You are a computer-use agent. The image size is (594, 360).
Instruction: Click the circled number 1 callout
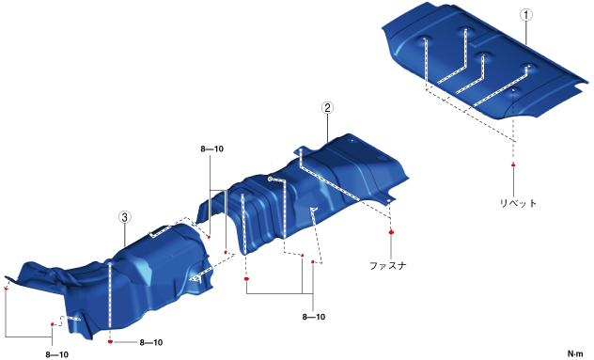tap(525, 15)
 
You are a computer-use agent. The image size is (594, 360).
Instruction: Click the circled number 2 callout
tap(327, 108)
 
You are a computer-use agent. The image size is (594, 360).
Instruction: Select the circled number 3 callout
tap(125, 217)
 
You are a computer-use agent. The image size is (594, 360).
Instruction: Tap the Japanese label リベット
tap(518, 203)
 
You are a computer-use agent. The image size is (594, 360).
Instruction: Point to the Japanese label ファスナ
tap(388, 265)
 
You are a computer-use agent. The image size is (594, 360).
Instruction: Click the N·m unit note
tap(575, 353)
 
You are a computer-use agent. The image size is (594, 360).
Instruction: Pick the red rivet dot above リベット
tap(513, 164)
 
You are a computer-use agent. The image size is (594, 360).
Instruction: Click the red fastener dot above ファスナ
tap(391, 232)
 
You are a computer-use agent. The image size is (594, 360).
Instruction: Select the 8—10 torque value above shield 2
tap(212, 149)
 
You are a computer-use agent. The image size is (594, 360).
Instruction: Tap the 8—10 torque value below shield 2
tap(314, 317)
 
